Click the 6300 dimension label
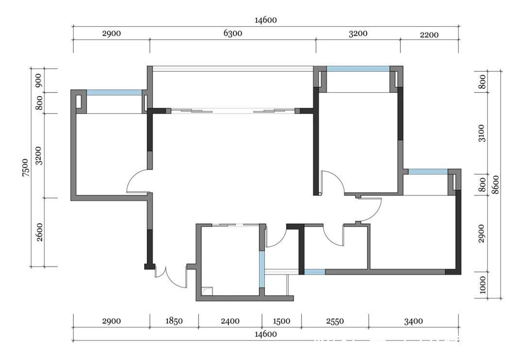(233, 33)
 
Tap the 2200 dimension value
(429, 35)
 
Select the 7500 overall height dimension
(26, 167)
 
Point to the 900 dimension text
(39, 80)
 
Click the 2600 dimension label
(39, 232)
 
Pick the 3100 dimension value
(482, 133)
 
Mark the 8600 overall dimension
(496, 184)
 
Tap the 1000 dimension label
(482, 285)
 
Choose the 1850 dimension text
(174, 321)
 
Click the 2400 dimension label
(230, 321)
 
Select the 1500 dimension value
(281, 321)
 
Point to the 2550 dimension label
(335, 321)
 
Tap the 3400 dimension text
(413, 321)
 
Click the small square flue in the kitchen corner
(207, 291)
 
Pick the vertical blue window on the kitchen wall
(262, 269)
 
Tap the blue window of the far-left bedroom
(115, 93)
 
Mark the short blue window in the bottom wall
(314, 272)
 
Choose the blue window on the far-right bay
(428, 172)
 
